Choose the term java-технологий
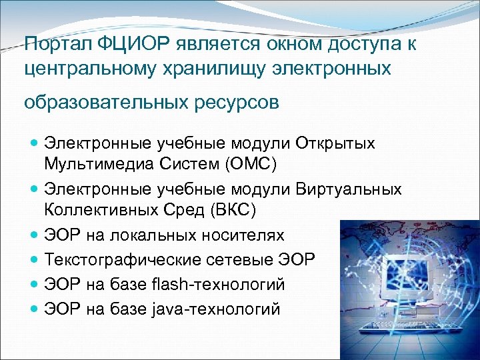[216, 309]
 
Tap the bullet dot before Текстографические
[35, 260]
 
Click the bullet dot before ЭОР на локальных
[35, 235]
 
